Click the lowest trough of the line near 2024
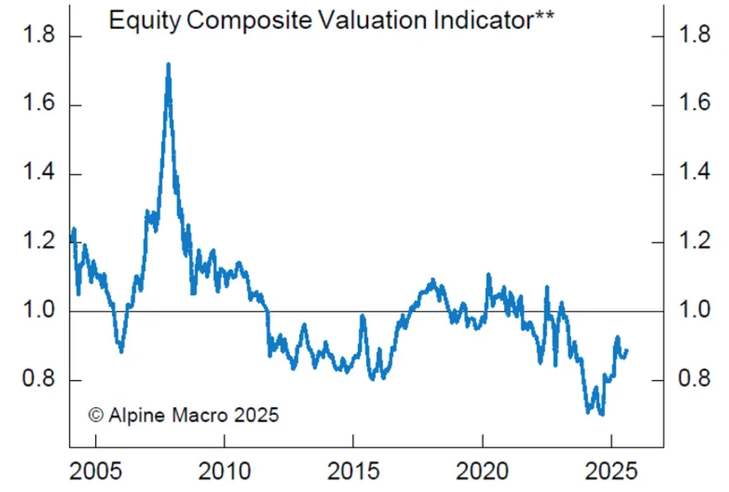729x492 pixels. pyautogui.click(x=601, y=414)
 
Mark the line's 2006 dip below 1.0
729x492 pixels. pyautogui.click(x=121, y=350)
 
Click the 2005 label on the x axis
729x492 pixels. pyautogui.click(x=95, y=470)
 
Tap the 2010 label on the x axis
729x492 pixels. pyautogui.click(x=224, y=470)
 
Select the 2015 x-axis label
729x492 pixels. pyautogui.click(x=353, y=470)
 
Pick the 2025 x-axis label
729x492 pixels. pyautogui.click(x=611, y=470)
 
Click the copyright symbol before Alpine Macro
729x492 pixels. pyautogui.click(x=96, y=415)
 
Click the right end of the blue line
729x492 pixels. pyautogui.click(x=627, y=351)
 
